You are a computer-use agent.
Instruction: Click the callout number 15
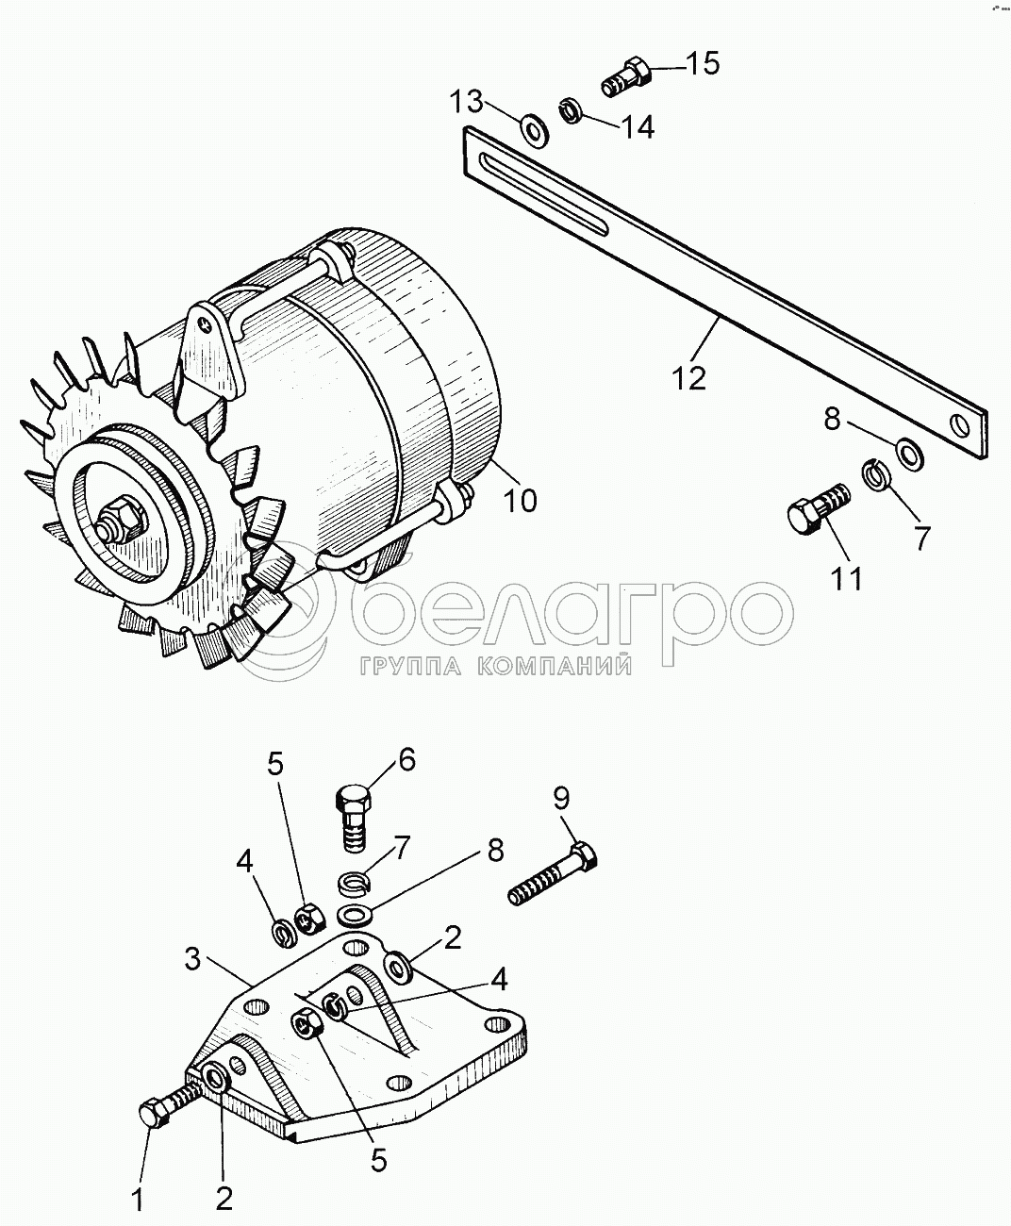(x=702, y=64)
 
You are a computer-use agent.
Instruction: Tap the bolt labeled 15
(x=626, y=76)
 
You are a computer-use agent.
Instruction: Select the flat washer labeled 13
(x=535, y=128)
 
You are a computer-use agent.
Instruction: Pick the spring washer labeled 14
(x=570, y=110)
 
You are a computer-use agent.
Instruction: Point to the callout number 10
(x=519, y=499)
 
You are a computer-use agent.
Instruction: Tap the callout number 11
(x=848, y=577)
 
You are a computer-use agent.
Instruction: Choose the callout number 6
(x=406, y=759)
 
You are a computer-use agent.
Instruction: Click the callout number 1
(x=137, y=1200)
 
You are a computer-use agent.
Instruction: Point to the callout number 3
(x=192, y=961)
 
